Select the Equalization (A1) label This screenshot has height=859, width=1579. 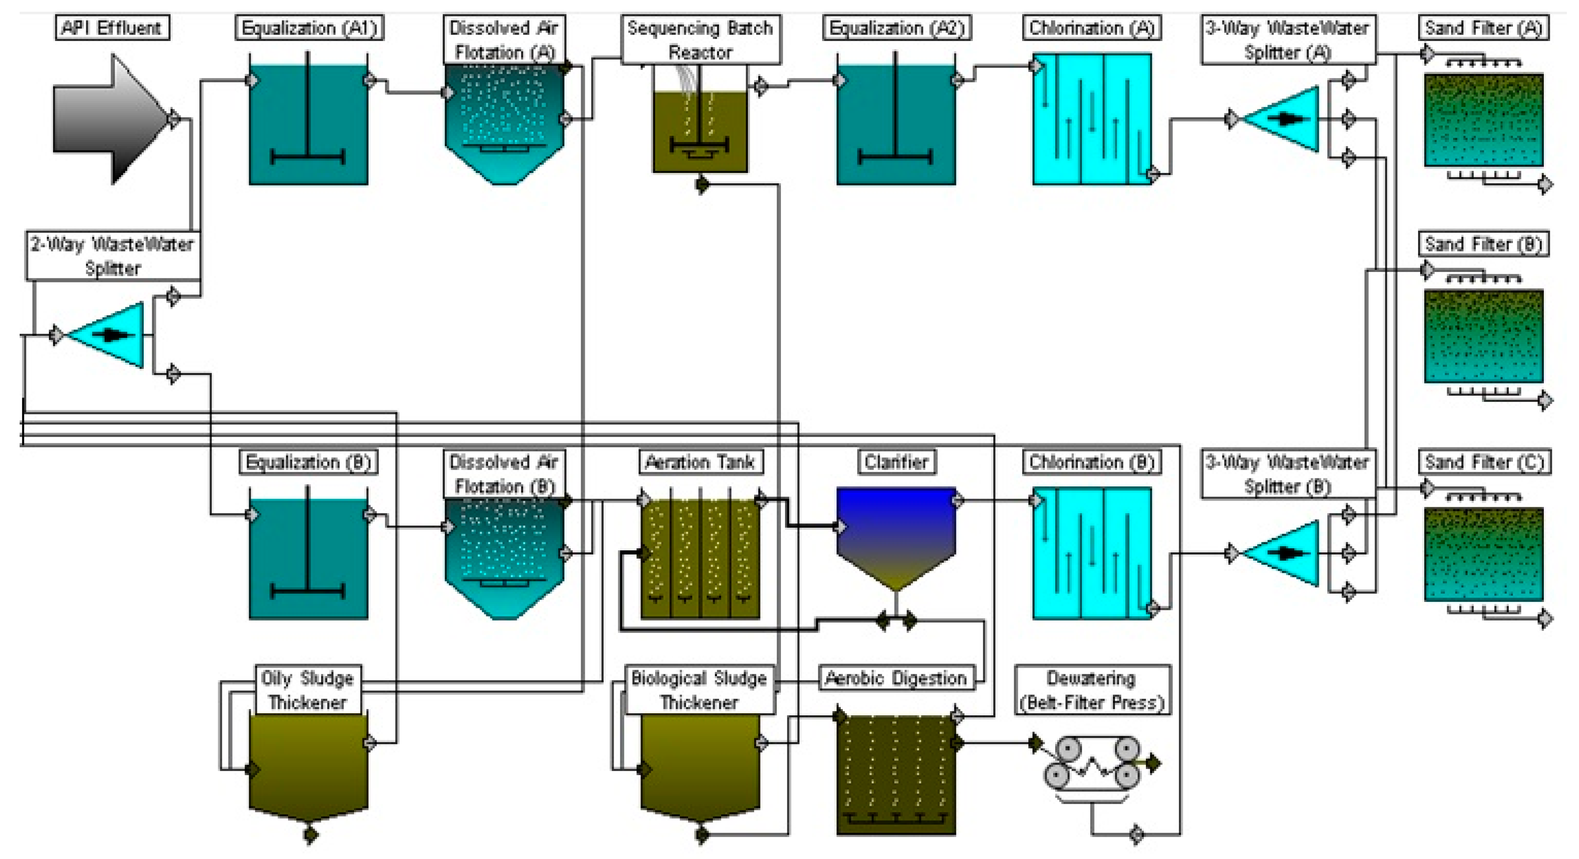point(309,28)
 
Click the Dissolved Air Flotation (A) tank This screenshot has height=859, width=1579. point(504,122)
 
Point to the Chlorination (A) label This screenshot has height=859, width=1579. point(1091,28)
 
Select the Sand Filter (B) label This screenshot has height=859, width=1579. point(1483,244)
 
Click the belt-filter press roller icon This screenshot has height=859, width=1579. point(1092,763)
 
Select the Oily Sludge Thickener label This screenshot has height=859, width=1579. point(307,690)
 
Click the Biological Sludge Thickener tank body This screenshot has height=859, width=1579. point(700,766)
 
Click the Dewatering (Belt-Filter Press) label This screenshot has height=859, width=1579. point(1092,690)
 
